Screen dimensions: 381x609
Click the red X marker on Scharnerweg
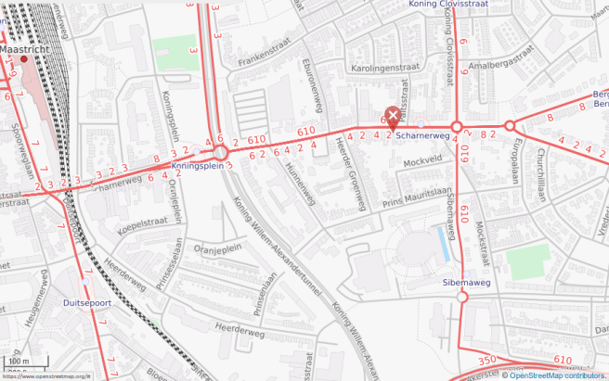pyautogui.click(x=394, y=116)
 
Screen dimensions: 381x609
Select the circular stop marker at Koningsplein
pyautogui.click(x=221, y=153)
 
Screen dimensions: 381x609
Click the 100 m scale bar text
pyautogui.click(x=19, y=361)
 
